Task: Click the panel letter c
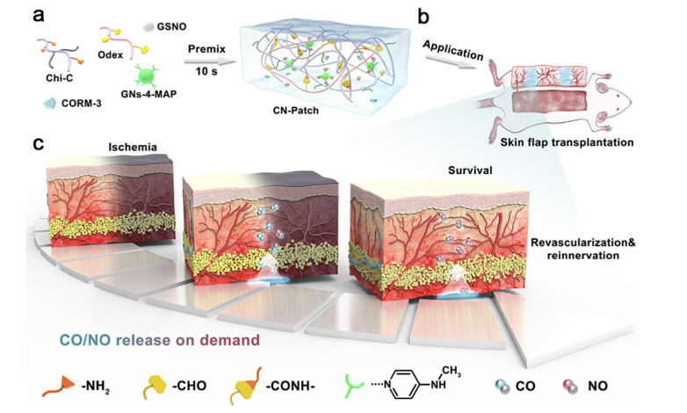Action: [x=40, y=142]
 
